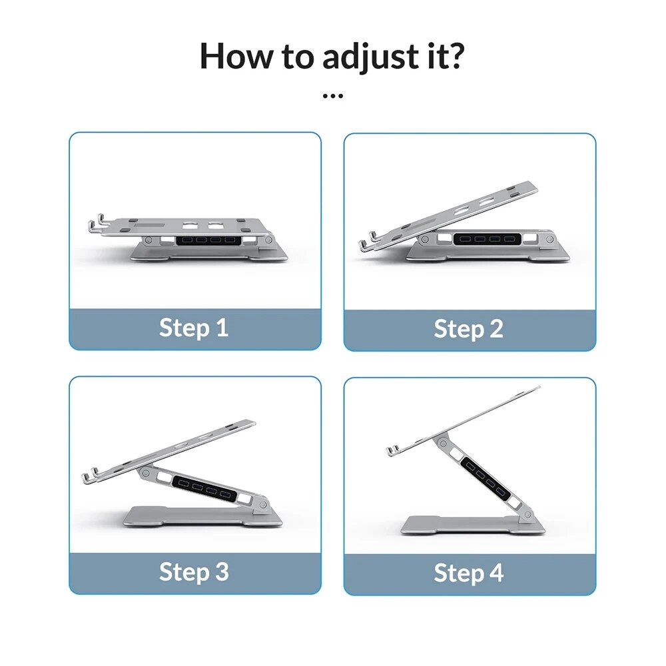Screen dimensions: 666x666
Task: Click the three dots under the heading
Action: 332,96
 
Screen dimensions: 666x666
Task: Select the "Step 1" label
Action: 194,328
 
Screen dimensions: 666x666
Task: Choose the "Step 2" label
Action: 468,329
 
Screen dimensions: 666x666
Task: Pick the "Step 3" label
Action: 194,571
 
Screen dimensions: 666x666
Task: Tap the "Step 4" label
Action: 468,573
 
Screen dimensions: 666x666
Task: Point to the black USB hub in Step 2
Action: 484,238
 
